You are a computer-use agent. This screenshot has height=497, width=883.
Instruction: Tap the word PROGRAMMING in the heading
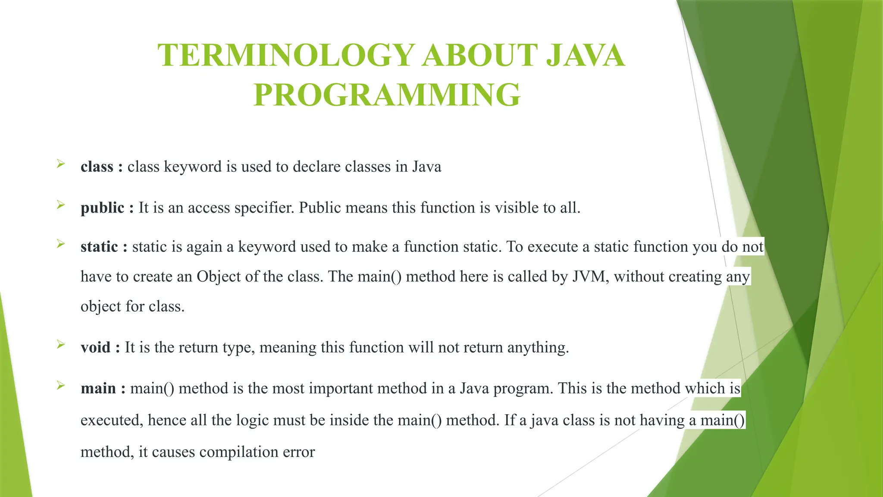click(387, 95)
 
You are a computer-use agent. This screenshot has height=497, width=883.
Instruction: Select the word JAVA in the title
click(586, 56)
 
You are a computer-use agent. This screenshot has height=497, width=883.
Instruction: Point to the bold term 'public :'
click(107, 208)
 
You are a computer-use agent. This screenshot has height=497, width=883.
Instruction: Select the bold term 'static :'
click(104, 247)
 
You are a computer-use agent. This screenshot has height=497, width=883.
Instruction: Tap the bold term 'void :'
click(100, 347)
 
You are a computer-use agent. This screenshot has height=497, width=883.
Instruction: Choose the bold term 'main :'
click(103, 388)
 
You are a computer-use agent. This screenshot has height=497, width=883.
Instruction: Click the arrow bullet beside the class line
click(61, 164)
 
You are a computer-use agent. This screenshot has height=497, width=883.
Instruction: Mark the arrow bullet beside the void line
click(61, 344)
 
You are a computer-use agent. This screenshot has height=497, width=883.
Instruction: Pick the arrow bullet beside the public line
click(61, 205)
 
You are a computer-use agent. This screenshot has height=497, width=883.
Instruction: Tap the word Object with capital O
click(219, 277)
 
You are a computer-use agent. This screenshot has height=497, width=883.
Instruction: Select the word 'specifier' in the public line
click(264, 208)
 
